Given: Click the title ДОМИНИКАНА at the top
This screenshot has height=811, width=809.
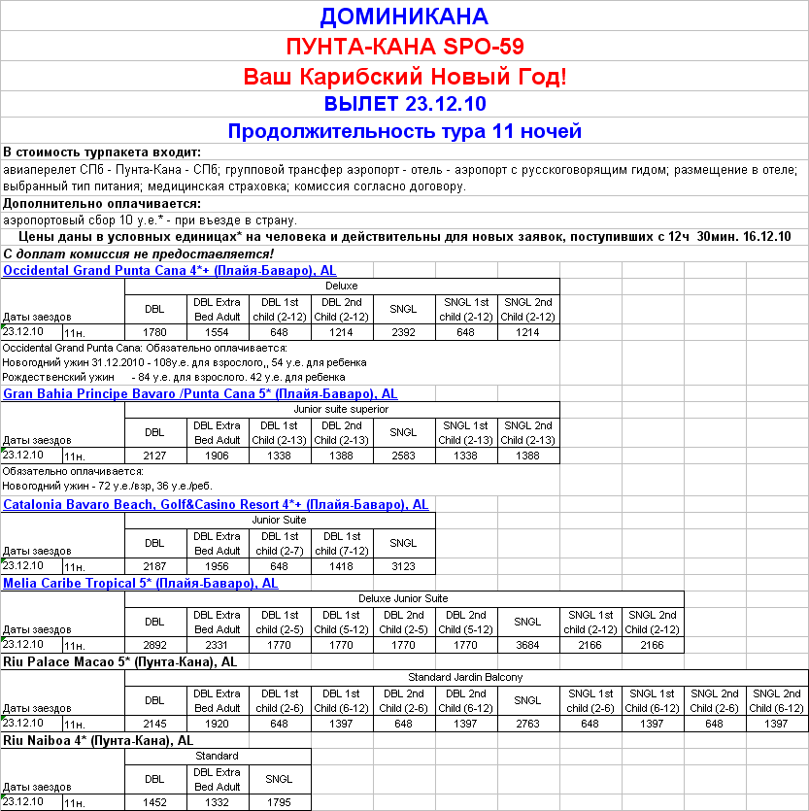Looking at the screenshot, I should coord(404,17).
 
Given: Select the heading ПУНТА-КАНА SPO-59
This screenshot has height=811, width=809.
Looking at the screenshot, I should coord(404,46).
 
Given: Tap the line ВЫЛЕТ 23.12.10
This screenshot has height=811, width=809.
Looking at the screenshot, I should coord(404,104).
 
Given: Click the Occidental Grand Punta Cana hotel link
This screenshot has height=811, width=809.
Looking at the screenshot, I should coord(170,271).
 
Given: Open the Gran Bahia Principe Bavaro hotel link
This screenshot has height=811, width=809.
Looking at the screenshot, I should coord(200,394).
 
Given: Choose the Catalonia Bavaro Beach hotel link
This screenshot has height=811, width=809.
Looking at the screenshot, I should coord(216,505).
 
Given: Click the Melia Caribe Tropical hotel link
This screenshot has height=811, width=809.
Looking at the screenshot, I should coord(141,584).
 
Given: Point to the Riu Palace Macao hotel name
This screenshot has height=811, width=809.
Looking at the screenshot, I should coord(120,662).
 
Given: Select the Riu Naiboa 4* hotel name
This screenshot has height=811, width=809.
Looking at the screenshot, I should coord(98,741).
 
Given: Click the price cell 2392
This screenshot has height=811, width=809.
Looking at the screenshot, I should coord(404,333).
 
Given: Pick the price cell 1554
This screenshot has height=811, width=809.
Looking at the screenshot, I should coord(218,333).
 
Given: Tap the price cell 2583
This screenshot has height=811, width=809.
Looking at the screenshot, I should coord(404,456).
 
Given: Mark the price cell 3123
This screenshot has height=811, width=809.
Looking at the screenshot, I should coord(404,566).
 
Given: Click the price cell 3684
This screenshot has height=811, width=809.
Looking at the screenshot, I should coord(528,645).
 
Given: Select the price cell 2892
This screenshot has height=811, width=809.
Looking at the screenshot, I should coord(155,645).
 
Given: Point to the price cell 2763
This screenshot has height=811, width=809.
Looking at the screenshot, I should coord(528,724).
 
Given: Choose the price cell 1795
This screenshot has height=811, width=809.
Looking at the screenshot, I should coord(280,802).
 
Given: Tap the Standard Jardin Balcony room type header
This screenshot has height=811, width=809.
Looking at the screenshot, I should coord(466,677).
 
